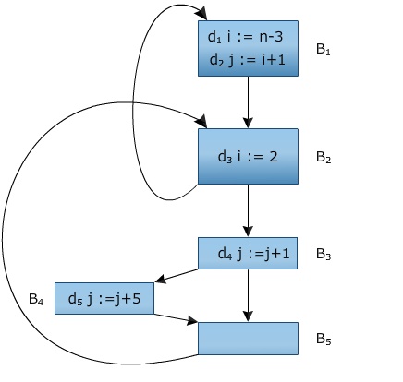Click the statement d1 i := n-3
(248, 40)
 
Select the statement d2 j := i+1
(248, 61)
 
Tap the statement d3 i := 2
(247, 156)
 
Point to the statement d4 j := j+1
(248, 253)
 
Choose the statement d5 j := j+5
(104, 298)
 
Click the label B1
(323, 50)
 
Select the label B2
(323, 157)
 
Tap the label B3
(323, 253)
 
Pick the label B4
(36, 298)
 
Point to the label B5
(323, 339)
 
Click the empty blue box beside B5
(248, 338)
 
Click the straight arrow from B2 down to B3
(248, 209)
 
